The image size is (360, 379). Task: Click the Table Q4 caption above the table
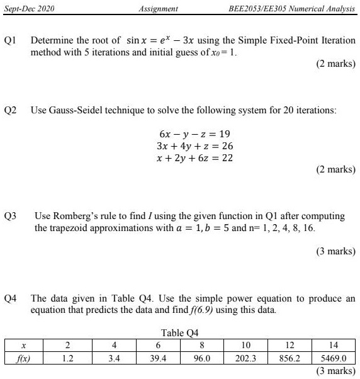(x=181, y=332)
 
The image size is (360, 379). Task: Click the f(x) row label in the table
(x=23, y=358)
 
